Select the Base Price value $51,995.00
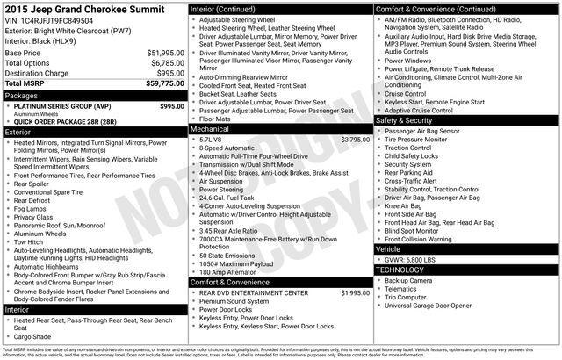165,53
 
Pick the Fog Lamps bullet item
32,208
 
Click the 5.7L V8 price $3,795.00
354,140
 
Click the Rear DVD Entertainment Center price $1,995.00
354,292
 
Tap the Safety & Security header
409,120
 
